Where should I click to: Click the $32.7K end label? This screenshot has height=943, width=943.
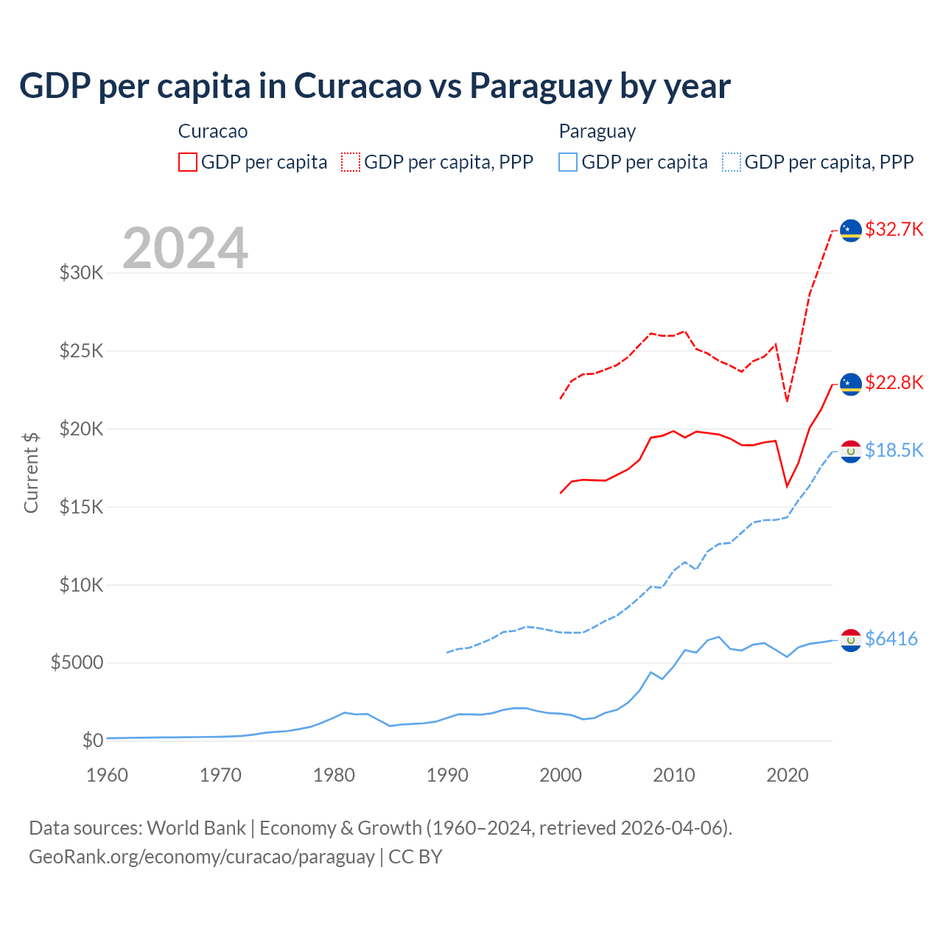[x=894, y=229]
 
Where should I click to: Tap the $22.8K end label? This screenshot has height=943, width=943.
[x=894, y=382]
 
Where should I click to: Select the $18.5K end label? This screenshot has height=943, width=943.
[x=894, y=450]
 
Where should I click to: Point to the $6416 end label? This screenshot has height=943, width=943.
[x=891, y=639]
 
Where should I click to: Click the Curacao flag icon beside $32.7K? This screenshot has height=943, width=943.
[x=851, y=231]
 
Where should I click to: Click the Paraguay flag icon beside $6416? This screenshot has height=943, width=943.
[x=851, y=640]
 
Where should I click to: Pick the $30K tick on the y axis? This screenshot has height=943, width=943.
[x=82, y=273]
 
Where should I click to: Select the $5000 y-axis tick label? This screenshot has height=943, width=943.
[x=77, y=663]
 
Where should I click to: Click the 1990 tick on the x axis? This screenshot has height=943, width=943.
[x=447, y=775]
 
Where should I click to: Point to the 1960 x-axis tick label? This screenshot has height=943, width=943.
[x=108, y=775]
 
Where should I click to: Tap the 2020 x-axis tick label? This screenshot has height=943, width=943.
[x=788, y=775]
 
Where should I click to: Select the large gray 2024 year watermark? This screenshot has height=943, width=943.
[x=185, y=248]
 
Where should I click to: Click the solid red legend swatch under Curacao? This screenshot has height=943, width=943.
[x=188, y=162]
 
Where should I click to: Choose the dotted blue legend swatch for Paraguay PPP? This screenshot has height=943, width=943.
[x=732, y=162]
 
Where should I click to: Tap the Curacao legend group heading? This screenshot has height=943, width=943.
[x=213, y=131]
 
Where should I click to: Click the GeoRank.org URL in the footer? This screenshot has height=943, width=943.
[x=202, y=857]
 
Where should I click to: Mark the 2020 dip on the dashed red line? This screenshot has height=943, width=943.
[x=787, y=401]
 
